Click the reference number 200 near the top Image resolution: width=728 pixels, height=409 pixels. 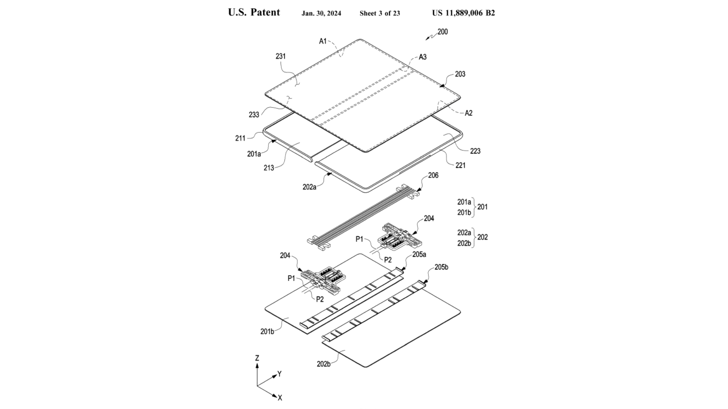[442, 32]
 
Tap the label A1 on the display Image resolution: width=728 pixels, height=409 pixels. [323, 41]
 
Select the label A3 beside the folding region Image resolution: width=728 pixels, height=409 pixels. [422, 57]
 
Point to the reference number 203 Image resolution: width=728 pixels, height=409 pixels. [460, 74]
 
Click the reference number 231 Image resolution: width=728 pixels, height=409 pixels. [281, 56]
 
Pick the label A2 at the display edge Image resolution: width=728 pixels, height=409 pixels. [469, 113]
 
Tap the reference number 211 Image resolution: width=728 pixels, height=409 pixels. [240, 138]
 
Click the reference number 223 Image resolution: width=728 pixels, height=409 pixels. [475, 151]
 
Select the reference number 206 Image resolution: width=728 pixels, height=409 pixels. [433, 175]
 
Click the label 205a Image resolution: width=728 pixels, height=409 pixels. [419, 254]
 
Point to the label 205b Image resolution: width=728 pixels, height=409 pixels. [441, 267]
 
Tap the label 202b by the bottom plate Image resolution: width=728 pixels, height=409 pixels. [324, 364]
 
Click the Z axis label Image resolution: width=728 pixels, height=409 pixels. [257, 358]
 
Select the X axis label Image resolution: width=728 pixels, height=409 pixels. [280, 398]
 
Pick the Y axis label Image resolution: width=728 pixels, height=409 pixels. [279, 374]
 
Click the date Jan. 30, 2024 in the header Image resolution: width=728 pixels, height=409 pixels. [321, 14]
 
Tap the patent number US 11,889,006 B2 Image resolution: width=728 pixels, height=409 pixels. [463, 13]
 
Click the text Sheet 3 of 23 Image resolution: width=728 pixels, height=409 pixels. [380, 14]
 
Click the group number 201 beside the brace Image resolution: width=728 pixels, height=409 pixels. [482, 207]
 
